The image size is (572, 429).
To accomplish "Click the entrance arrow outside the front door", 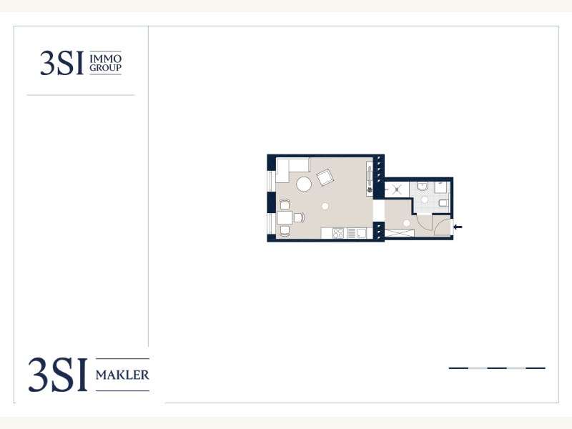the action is [458, 227].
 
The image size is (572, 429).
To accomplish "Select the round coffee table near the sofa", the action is [304, 184].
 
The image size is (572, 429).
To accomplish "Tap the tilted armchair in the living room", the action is [325, 177].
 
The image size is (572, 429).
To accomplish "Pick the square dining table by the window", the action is [285, 218].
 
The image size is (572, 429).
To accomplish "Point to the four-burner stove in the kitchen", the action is [338, 233].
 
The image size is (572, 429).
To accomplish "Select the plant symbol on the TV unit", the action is [370, 189].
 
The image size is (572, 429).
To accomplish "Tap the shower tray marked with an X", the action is [397, 189].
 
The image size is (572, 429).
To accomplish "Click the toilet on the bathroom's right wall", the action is [443, 203].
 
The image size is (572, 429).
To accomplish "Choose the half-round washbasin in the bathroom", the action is [423, 187].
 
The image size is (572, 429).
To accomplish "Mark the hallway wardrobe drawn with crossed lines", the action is [400, 233].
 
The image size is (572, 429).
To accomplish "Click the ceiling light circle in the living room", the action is [325, 206].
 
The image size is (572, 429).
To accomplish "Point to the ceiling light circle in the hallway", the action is [406, 223].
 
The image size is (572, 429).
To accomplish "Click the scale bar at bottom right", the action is [497, 368].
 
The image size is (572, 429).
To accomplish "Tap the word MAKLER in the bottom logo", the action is [122, 375].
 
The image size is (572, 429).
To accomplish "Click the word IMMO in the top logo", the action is [105, 59].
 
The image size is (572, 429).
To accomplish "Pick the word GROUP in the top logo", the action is [105, 67].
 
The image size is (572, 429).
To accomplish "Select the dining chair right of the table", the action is [299, 218].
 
